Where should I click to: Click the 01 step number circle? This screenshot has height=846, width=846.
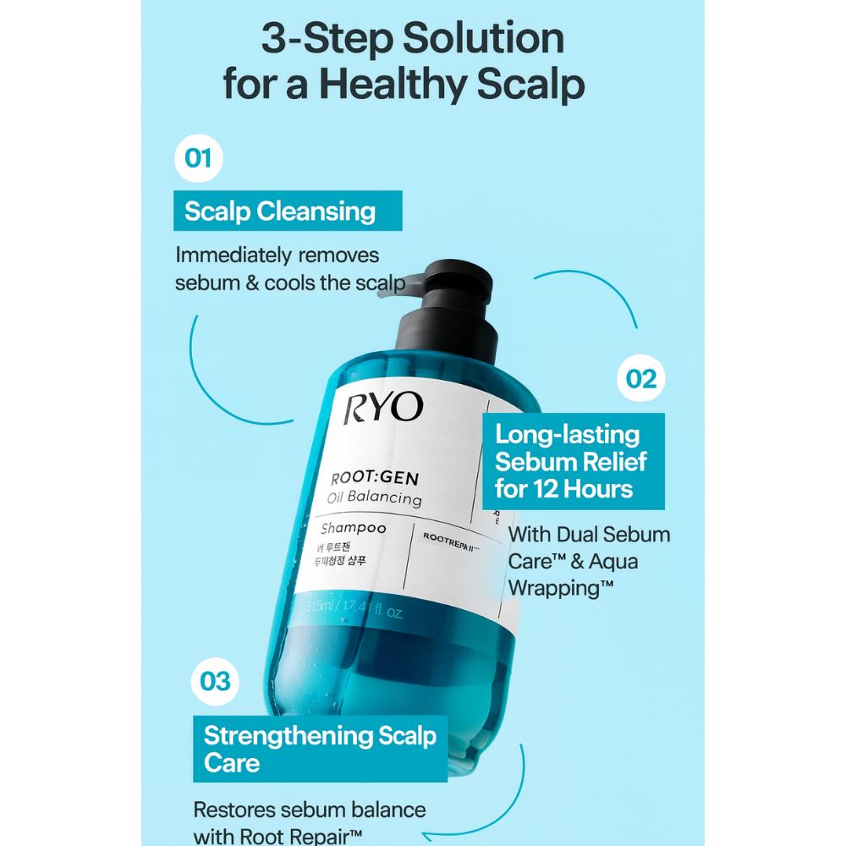(198, 159)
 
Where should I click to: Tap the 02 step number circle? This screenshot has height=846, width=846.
(641, 378)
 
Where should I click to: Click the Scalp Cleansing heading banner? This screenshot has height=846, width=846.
(280, 211)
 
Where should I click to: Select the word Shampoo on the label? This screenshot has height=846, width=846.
(353, 529)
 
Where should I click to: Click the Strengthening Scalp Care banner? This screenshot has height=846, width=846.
(320, 748)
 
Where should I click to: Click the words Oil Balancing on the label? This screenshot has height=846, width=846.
(374, 497)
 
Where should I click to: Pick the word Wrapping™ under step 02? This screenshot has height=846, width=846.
(561, 588)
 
